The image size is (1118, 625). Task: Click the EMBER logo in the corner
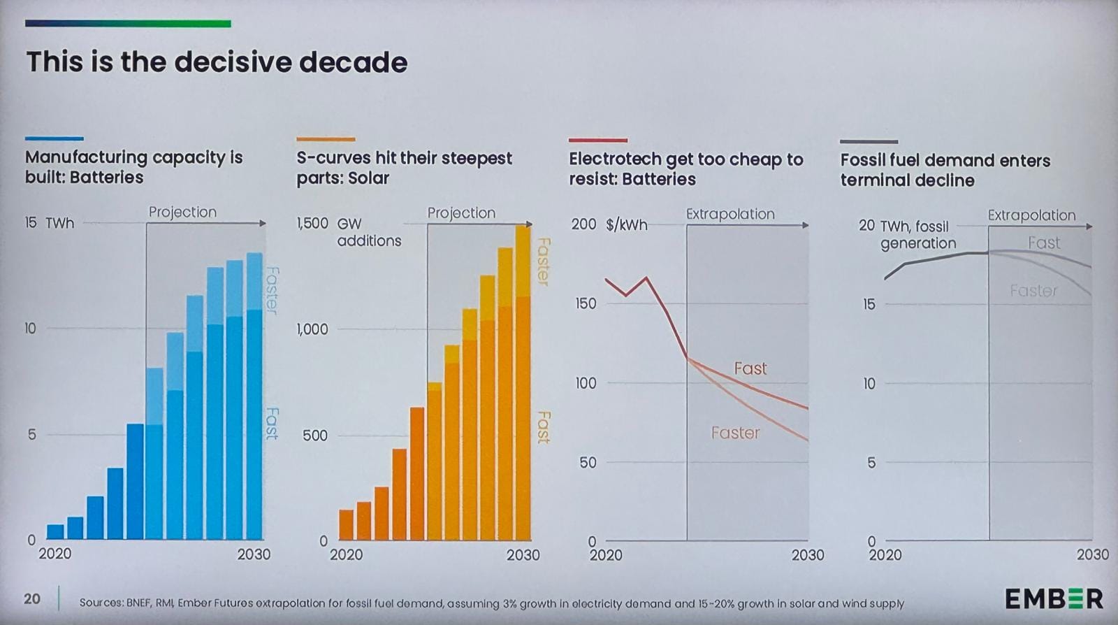click(x=1054, y=598)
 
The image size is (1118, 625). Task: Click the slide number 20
click(x=32, y=598)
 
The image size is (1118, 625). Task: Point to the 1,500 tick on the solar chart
click(x=312, y=223)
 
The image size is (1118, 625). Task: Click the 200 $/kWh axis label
click(x=609, y=224)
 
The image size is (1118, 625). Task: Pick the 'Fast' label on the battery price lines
click(x=750, y=368)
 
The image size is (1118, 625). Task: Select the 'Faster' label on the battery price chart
click(x=735, y=433)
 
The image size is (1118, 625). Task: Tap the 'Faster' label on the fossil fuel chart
click(x=1033, y=290)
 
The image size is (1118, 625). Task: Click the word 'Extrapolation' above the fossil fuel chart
click(x=1031, y=215)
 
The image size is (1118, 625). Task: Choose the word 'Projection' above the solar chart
click(x=461, y=213)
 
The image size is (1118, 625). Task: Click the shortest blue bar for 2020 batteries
click(x=55, y=531)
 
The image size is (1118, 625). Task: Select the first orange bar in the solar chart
click(x=347, y=524)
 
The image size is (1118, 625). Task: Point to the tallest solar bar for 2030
click(x=523, y=385)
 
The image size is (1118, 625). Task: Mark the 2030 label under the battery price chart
click(x=807, y=555)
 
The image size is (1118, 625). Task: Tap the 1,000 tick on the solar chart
click(x=312, y=329)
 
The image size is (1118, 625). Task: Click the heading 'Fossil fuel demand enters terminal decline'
click(x=945, y=170)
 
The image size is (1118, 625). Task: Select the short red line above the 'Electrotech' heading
click(x=597, y=141)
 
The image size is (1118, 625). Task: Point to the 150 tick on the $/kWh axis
click(x=586, y=303)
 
